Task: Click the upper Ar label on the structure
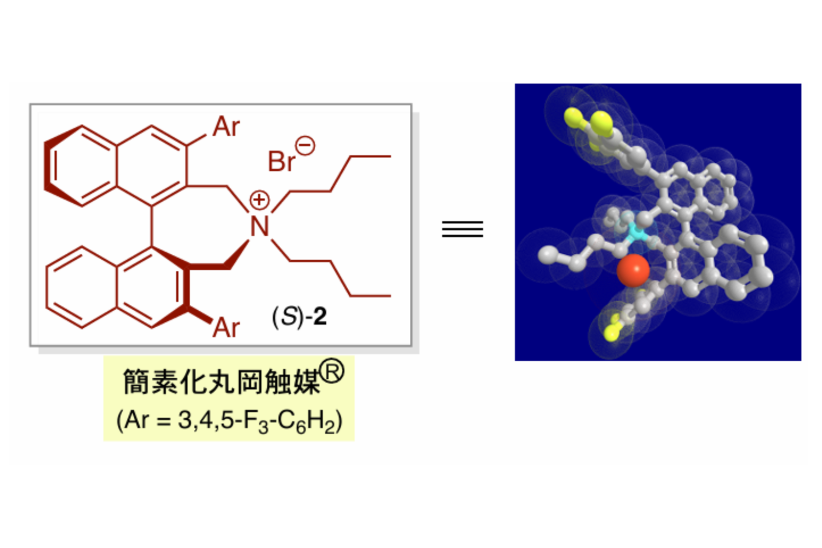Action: point(226,127)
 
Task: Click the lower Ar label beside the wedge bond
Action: point(226,327)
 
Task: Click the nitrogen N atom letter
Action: point(259,227)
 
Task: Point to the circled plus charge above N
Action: point(259,200)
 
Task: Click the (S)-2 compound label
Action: point(299,317)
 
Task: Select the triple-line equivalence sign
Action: point(462,228)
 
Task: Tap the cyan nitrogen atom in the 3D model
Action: point(635,233)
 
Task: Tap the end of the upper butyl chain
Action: point(390,157)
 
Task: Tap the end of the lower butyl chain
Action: point(390,295)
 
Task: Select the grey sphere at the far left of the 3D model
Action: point(548,254)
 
